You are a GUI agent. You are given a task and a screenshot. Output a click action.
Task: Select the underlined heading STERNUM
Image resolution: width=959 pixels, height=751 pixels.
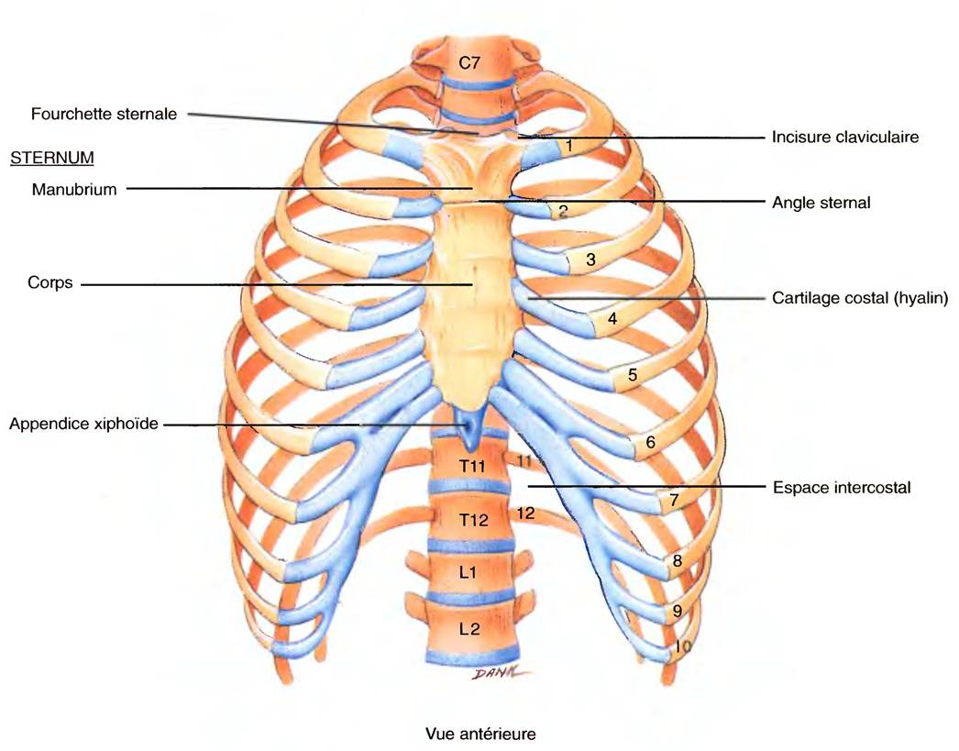pyautogui.click(x=52, y=158)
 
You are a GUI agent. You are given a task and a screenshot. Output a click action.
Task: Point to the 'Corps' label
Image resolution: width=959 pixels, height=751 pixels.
pyautogui.click(x=49, y=283)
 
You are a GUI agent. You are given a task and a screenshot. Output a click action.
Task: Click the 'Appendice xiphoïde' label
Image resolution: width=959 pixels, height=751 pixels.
pyautogui.click(x=83, y=425)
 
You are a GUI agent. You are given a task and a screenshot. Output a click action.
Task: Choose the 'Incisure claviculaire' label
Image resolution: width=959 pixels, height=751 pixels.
pyautogui.click(x=844, y=138)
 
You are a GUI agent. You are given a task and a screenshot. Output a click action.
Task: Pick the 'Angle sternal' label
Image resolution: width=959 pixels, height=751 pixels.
pyautogui.click(x=821, y=203)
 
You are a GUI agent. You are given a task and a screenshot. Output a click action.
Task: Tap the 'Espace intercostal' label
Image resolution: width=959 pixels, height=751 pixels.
pyautogui.click(x=841, y=488)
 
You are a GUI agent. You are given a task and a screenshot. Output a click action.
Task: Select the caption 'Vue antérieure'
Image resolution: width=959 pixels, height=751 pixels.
pyautogui.click(x=479, y=734)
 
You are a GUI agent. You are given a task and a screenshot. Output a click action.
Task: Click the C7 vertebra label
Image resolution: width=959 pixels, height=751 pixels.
pyautogui.click(x=469, y=63)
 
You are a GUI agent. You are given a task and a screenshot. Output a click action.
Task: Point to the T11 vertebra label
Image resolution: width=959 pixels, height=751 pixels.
pyautogui.click(x=472, y=466)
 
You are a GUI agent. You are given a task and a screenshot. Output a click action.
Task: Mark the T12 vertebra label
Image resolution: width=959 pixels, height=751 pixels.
pyautogui.click(x=472, y=519)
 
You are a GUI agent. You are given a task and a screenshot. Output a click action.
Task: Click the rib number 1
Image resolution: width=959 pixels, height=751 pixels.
pyautogui.click(x=569, y=145)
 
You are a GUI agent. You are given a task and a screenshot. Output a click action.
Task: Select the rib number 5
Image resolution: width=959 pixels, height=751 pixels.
pyautogui.click(x=632, y=375)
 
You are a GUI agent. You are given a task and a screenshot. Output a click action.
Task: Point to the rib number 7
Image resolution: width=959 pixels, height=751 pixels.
pyautogui.click(x=673, y=501)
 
